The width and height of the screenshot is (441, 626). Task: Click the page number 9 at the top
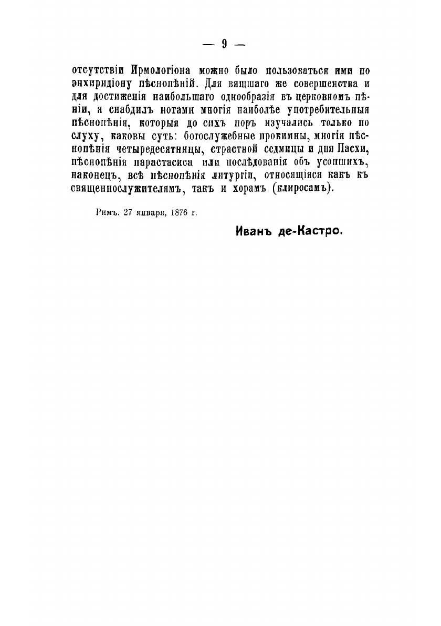click(x=224, y=44)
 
